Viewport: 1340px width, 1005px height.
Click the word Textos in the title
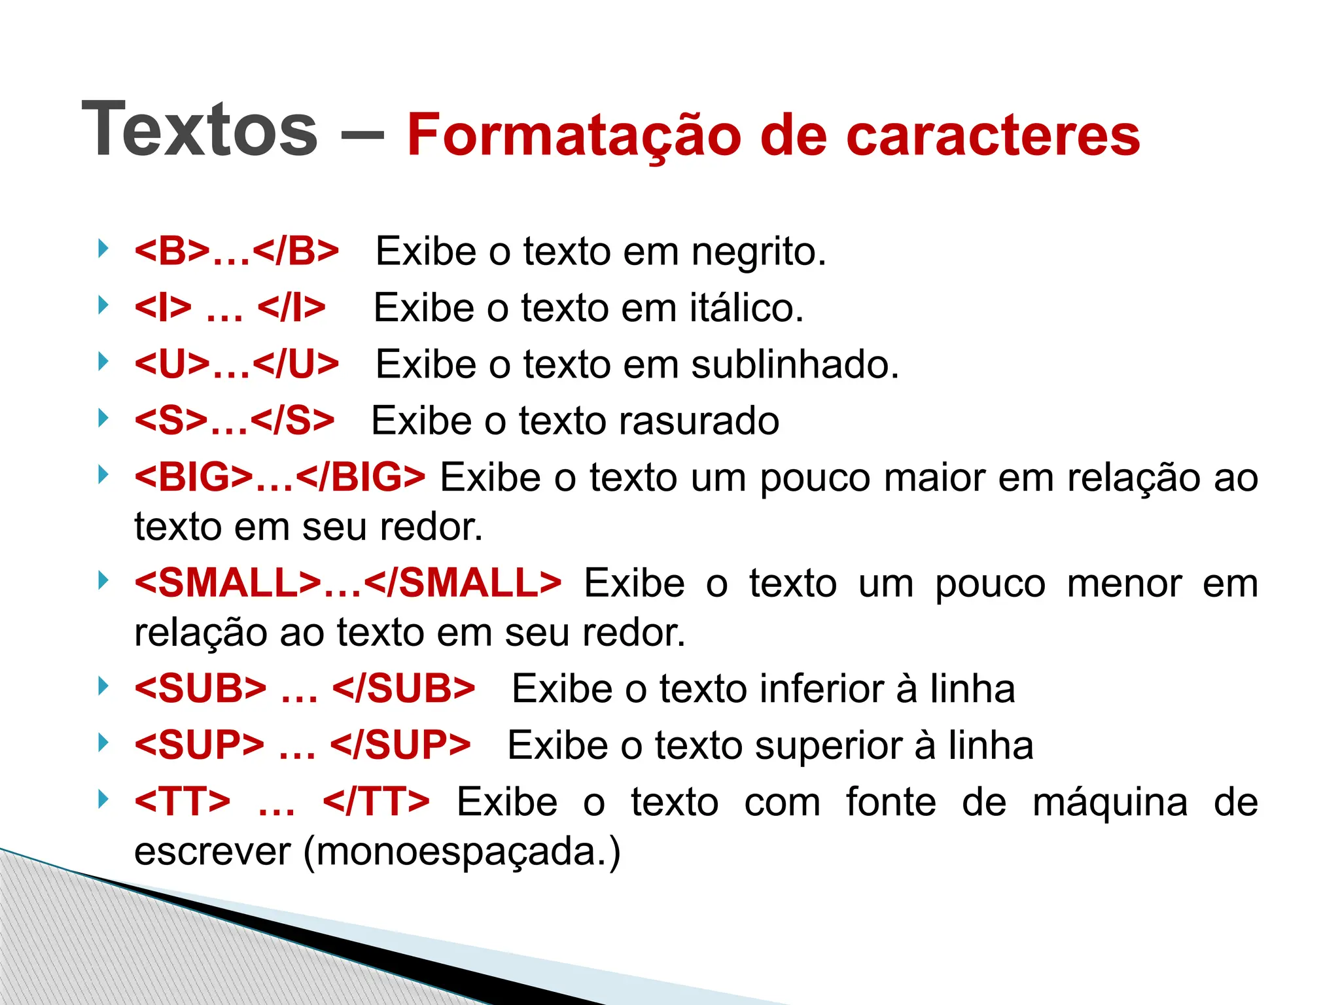coord(200,130)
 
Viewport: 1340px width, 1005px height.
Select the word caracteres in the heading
coord(993,136)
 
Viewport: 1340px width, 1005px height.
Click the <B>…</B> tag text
coord(237,251)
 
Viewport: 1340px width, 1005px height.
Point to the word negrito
coord(758,253)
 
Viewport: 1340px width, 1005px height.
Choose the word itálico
coord(746,308)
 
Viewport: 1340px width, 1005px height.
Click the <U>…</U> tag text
coord(237,364)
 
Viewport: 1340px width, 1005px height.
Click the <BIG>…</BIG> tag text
coord(280,477)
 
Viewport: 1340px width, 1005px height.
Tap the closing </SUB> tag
coord(404,689)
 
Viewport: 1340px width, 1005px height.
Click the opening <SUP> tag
coord(200,745)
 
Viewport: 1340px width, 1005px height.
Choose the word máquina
coord(1110,803)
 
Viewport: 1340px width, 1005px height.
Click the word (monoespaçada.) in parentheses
coord(462,852)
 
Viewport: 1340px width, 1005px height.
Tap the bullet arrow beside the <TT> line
coord(102,799)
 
